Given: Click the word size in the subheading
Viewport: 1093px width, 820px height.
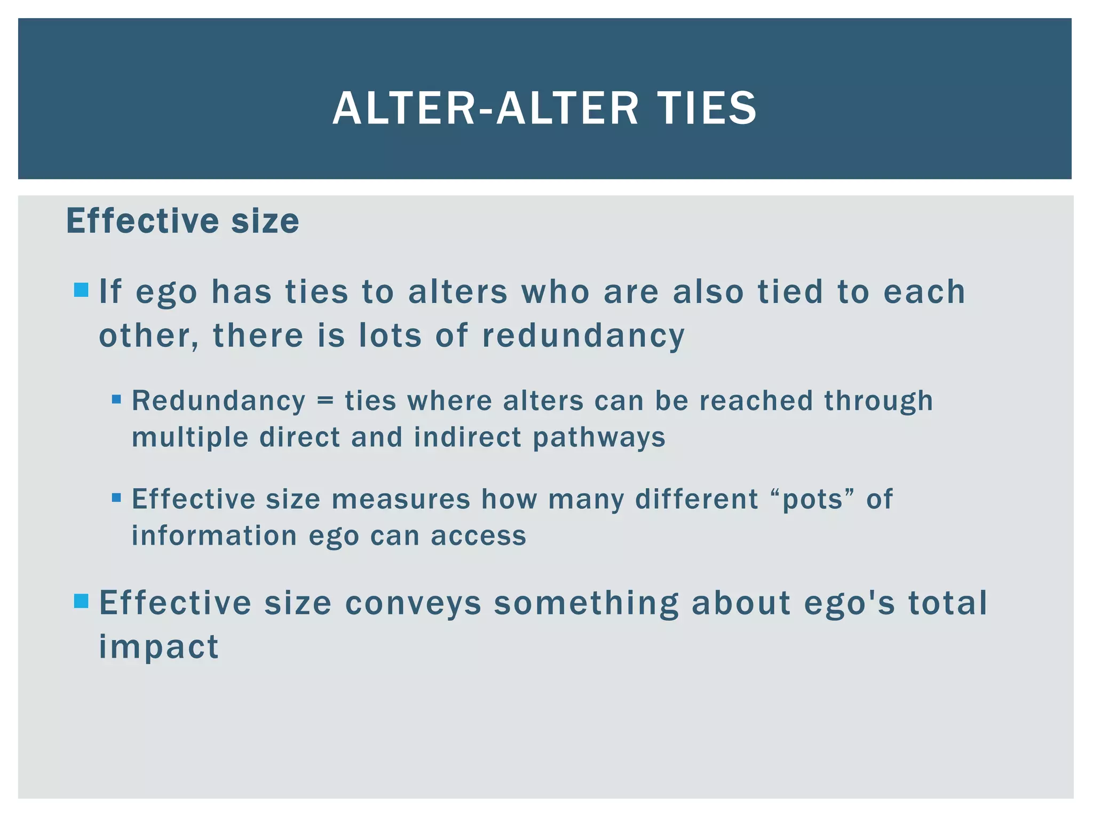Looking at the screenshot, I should click(x=265, y=221).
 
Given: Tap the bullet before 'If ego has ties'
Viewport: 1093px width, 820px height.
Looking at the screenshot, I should click(x=81, y=290).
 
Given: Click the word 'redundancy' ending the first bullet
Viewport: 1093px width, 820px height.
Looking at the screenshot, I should click(x=583, y=336).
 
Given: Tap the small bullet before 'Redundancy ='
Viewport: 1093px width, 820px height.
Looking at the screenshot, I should click(x=116, y=399).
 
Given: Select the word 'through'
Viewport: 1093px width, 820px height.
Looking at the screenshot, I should click(x=878, y=401).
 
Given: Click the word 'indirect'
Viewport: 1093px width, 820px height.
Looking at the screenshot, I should click(x=468, y=437).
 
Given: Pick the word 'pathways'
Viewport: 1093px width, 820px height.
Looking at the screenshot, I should click(x=599, y=438).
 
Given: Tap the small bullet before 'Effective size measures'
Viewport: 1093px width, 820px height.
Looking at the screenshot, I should click(x=116, y=498).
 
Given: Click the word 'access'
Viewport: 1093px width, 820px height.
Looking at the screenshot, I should click(x=478, y=537).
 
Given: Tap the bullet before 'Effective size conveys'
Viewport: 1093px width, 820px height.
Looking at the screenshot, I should click(x=81, y=601).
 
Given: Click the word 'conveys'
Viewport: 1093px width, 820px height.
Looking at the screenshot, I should click(x=413, y=604).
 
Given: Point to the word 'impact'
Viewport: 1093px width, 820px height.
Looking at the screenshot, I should click(x=159, y=648).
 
